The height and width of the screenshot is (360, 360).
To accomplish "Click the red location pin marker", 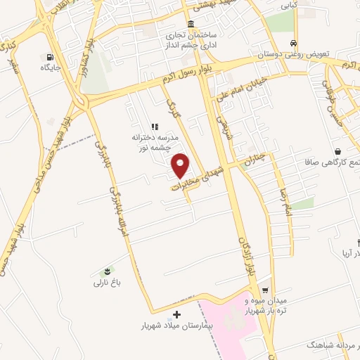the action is coord(181,165).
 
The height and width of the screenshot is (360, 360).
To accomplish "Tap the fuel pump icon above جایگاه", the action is coord(50,57).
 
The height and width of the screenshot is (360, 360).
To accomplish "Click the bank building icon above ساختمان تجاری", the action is coord(191,24).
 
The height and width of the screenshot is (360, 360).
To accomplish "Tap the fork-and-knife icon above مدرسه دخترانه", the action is coord(154,125).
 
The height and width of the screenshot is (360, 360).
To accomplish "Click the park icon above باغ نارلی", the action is coord(107,271).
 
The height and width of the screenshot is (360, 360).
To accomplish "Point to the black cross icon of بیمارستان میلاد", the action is coord(176,314).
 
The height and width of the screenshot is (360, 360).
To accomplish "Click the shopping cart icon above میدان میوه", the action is coord(264,290).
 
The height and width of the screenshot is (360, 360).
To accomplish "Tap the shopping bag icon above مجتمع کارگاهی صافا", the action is coord(338,151).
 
